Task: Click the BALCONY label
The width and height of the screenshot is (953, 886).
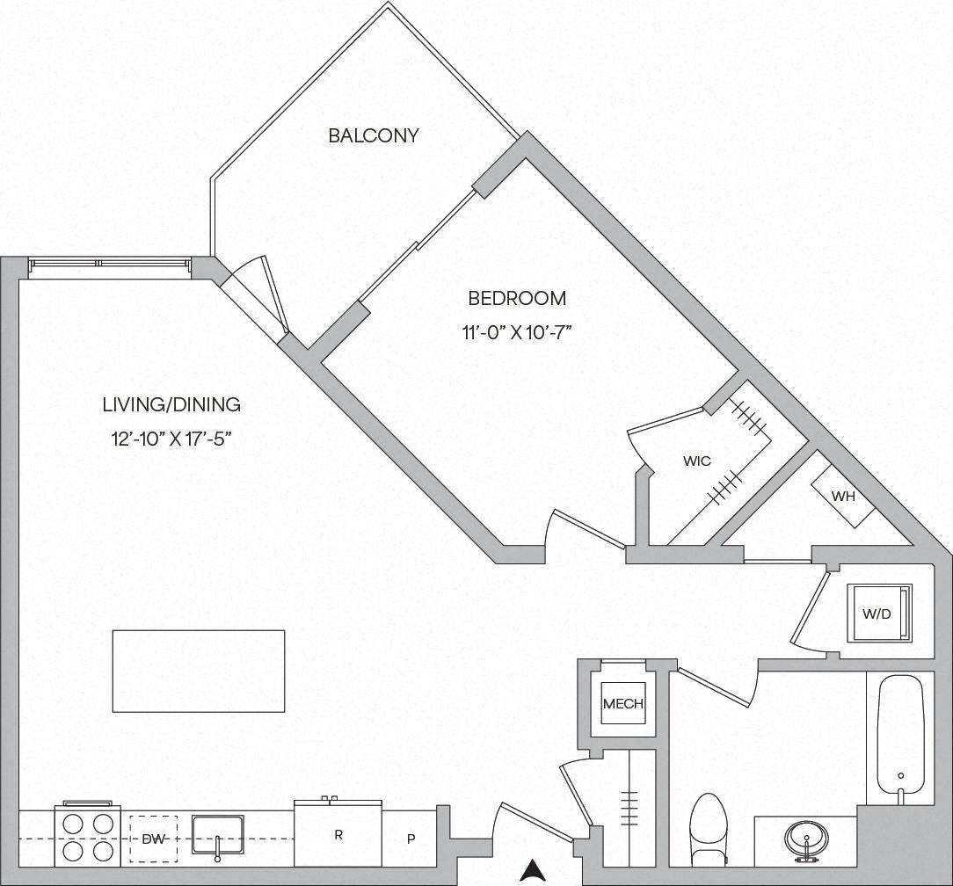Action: (x=373, y=135)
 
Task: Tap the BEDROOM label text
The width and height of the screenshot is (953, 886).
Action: (x=517, y=298)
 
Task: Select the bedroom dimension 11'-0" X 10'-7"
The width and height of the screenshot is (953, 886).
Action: (x=516, y=332)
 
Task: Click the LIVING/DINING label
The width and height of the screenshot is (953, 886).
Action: (x=171, y=405)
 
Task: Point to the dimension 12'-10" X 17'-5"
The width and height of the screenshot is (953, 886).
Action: (x=171, y=438)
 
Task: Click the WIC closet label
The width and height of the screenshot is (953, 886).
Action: (x=696, y=461)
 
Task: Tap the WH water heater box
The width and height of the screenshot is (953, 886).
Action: (x=843, y=496)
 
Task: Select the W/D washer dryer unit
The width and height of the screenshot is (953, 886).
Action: (x=877, y=614)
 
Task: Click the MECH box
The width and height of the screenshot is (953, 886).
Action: (x=623, y=703)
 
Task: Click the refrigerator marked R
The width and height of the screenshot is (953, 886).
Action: (x=338, y=834)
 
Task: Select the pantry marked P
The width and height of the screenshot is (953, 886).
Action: (x=410, y=839)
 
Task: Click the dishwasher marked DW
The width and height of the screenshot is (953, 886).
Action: (x=153, y=839)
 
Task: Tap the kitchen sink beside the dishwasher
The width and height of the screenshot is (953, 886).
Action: (x=217, y=836)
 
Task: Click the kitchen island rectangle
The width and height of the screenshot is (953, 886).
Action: (x=199, y=671)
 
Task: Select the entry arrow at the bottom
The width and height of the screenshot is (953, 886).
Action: (x=531, y=870)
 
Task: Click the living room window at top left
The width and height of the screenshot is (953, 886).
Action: (x=108, y=265)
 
